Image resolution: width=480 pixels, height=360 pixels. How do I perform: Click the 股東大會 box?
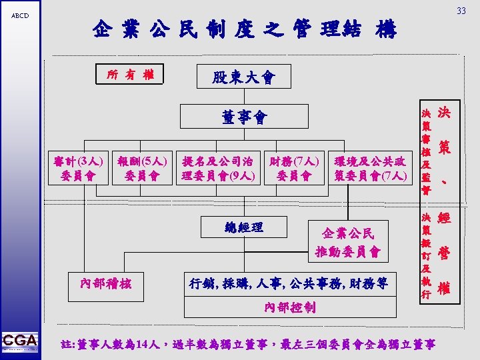click(x=243, y=78)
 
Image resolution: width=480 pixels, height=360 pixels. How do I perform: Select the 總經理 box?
click(x=245, y=228)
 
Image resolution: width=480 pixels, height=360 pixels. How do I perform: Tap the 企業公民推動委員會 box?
click(x=348, y=243)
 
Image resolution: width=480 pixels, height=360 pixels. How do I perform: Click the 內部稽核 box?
click(x=107, y=283)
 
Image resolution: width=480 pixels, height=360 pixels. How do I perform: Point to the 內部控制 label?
click(x=290, y=308)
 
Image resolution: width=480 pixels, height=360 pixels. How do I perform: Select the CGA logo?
click(x=20, y=341)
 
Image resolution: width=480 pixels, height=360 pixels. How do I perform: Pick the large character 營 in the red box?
click(x=445, y=253)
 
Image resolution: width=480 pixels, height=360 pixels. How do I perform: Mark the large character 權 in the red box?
click(x=445, y=288)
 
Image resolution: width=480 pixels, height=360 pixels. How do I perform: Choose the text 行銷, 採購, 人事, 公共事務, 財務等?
click(x=289, y=283)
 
